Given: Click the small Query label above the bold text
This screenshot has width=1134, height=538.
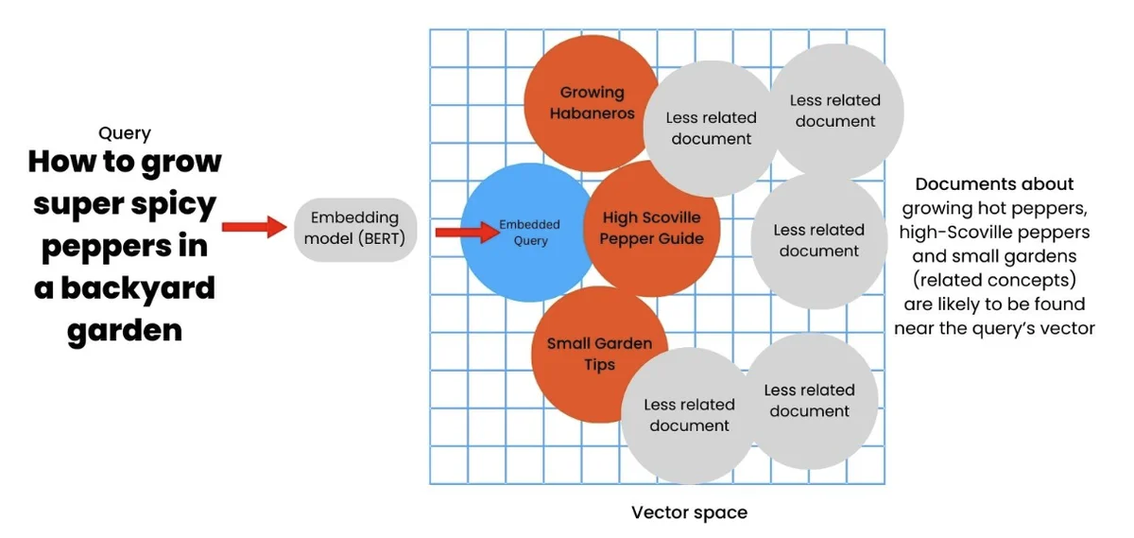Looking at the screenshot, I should [124, 134].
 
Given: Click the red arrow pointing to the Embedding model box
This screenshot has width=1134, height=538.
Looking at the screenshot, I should [253, 227].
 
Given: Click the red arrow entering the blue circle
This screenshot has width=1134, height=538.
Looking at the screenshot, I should [466, 232].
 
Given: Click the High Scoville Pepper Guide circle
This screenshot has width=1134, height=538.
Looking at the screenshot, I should [652, 228].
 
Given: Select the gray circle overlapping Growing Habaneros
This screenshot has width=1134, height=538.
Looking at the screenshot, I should [711, 128].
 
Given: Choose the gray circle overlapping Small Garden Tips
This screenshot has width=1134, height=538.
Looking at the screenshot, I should [688, 414].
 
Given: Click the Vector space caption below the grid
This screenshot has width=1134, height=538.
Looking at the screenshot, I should [689, 512].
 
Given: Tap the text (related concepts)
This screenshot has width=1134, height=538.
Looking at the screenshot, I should [994, 281].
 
